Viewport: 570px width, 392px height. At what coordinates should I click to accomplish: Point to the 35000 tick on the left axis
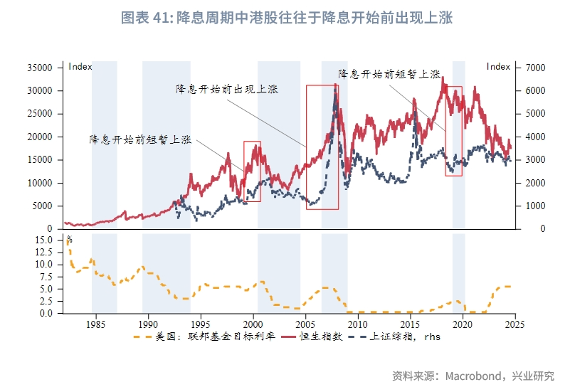(41, 68)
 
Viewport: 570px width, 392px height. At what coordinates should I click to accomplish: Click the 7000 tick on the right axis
(535, 68)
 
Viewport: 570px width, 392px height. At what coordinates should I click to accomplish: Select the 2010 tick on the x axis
(357, 324)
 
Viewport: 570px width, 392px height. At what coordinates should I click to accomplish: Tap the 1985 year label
(96, 324)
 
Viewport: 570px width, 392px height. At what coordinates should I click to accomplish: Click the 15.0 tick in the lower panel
(44, 240)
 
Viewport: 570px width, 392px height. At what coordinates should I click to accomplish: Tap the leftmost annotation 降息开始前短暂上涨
(140, 139)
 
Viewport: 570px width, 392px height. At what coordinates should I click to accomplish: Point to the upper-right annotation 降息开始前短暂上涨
(389, 73)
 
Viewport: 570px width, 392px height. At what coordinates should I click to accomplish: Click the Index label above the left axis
(80, 66)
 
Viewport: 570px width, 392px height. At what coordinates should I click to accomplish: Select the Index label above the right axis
(498, 66)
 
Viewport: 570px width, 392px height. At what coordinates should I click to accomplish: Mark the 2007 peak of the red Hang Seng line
(336, 85)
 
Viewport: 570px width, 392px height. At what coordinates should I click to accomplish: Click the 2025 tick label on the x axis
(514, 324)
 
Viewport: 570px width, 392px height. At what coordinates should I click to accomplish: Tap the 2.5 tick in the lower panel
(46, 301)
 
